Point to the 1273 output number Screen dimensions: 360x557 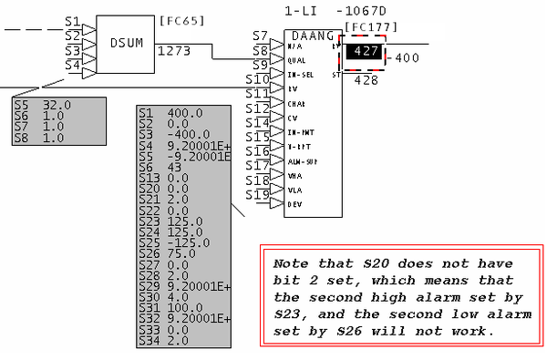point(173,51)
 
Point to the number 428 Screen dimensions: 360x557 point(366,80)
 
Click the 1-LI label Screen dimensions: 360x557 point(300,11)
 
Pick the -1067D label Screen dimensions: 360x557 point(362,11)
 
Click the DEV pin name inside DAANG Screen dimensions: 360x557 point(294,204)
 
